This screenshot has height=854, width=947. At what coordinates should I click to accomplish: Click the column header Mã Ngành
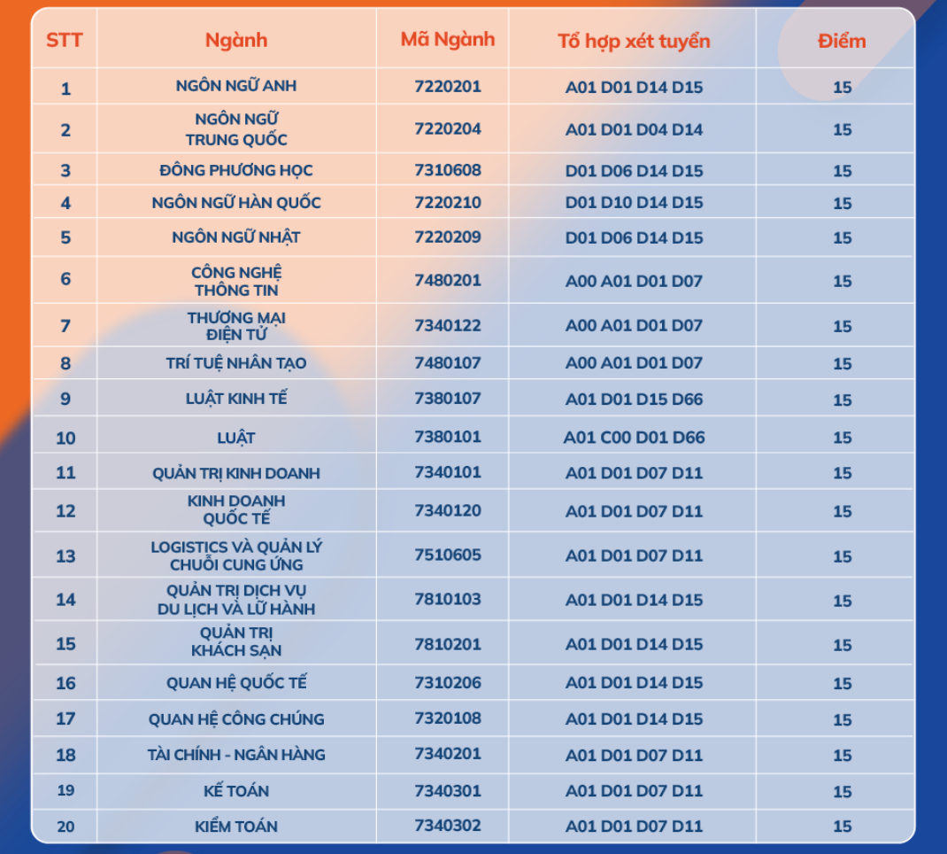coord(448,40)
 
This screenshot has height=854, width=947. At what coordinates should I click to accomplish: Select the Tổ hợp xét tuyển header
coord(634,41)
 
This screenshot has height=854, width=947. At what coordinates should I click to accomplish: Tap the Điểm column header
coord(841,41)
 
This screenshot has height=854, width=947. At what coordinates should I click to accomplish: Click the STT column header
coord(64,41)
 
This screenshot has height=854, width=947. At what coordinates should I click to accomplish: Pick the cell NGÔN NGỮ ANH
coord(236,86)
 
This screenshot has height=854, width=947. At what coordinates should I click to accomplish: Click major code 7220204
coord(448,129)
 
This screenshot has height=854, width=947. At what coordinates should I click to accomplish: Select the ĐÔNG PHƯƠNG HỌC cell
coord(236,170)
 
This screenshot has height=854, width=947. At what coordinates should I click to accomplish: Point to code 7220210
coord(448,203)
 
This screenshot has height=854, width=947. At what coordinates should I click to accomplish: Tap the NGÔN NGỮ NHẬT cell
coord(236,237)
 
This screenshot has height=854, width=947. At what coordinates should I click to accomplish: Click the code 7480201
coord(448,280)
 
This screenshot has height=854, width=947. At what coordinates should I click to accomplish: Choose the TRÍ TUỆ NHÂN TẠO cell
coord(236,363)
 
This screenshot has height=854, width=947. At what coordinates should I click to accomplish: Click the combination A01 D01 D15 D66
coord(634,400)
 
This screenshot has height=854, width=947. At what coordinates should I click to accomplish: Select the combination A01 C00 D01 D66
coord(634,438)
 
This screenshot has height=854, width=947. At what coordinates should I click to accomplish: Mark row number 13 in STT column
coord(65,556)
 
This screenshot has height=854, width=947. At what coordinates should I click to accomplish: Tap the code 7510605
coord(448,555)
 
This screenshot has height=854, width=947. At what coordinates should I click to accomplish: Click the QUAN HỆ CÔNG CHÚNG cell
coord(236,718)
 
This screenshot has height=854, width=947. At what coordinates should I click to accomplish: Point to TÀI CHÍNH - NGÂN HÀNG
coord(236,755)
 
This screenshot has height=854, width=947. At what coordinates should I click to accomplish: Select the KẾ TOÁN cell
coord(236,790)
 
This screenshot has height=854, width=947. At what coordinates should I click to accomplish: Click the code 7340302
coord(448,826)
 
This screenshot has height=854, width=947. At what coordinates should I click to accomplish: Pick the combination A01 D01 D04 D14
coord(634,129)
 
